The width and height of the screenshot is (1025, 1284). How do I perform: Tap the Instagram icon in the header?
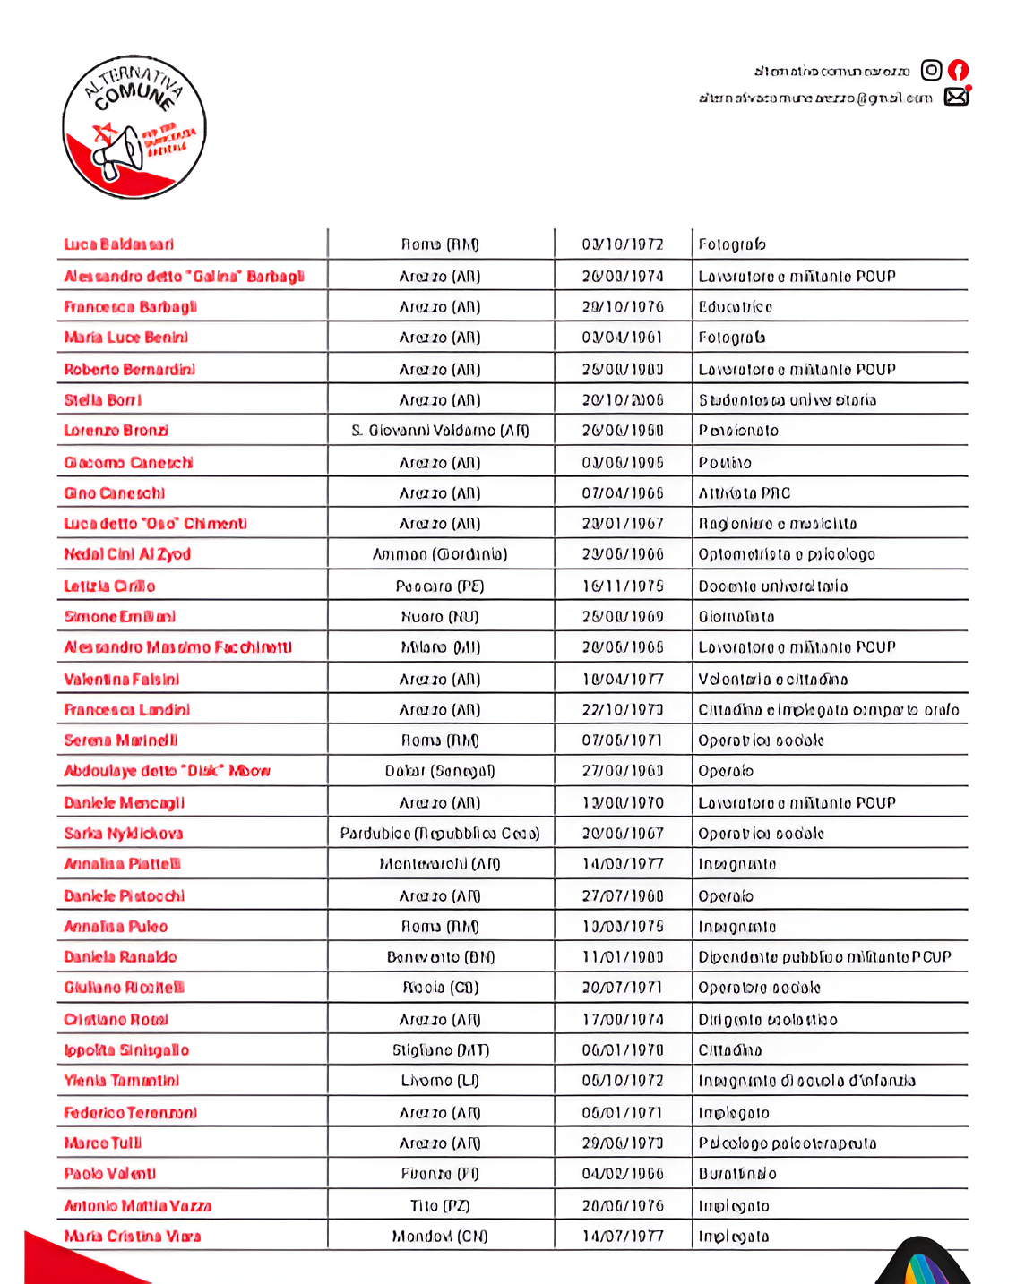pos(932,70)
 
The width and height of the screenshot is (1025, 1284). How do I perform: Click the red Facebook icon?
pos(958,70)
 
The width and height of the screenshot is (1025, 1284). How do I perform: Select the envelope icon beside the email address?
pos(956,97)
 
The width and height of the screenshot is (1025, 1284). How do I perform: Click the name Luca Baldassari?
pos(119,244)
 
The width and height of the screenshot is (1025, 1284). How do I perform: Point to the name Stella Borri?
pos(103,400)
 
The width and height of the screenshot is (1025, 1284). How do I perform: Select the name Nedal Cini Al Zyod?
pos(127,554)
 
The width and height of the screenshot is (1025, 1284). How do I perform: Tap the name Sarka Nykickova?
pos(124,834)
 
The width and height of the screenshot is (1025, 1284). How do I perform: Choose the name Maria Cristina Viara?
pos(133,1237)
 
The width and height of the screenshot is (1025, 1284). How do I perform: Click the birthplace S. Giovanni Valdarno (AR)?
pos(440,431)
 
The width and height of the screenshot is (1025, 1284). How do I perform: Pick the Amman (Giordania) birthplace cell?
pos(440,554)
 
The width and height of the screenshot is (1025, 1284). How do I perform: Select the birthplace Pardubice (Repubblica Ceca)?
pos(440,834)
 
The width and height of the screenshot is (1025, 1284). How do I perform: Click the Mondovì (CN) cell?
pos(440,1237)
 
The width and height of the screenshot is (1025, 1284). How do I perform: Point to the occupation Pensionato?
pos(738,431)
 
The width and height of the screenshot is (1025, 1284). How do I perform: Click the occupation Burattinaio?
pos(737,1174)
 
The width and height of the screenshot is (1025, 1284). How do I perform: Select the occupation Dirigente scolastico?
pos(768,1020)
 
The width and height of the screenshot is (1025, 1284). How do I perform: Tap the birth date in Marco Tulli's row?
pos(623,1143)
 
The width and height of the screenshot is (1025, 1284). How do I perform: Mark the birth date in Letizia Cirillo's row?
pos(623,586)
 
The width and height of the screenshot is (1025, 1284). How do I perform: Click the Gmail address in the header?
pos(815,98)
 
